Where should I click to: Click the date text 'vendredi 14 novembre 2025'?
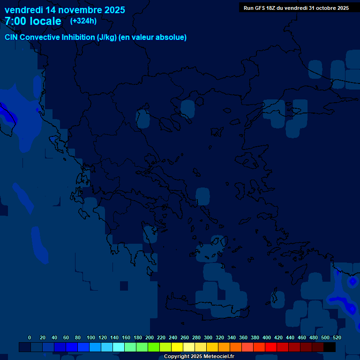(x=65, y=10)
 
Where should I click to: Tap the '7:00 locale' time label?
(x=33, y=22)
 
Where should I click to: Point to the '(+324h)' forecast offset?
(x=83, y=21)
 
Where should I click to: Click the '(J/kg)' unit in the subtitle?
(x=106, y=37)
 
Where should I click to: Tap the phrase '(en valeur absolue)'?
(x=152, y=37)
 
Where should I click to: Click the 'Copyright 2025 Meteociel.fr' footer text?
(x=199, y=357)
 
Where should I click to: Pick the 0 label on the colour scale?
(x=30, y=337)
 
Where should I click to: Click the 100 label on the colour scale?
(x=91, y=337)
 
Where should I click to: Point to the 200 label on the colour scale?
(x=150, y=337)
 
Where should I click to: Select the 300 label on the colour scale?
(x=208, y=337)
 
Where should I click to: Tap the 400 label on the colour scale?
(x=267, y=337)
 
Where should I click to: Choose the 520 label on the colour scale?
(x=337, y=337)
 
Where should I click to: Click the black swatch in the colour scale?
(x=330, y=347)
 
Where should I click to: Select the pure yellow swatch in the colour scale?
(x=177, y=347)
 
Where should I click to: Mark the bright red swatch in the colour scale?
(x=271, y=347)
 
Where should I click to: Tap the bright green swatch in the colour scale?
(x=154, y=347)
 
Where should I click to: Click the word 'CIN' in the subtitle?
(x=12, y=37)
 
